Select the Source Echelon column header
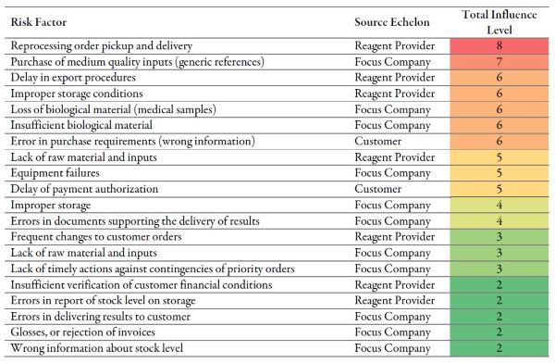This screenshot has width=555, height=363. (394, 19)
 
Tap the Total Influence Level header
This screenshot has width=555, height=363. (499, 19)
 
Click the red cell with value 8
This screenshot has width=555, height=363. (499, 44)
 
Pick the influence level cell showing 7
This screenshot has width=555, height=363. (499, 61)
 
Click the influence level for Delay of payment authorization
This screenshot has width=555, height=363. (499, 189)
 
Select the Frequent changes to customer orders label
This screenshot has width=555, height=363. (95, 236)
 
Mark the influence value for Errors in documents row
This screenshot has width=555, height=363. (499, 220)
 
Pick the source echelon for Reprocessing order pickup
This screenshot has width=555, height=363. (395, 44)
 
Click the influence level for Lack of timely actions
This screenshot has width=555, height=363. (499, 269)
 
